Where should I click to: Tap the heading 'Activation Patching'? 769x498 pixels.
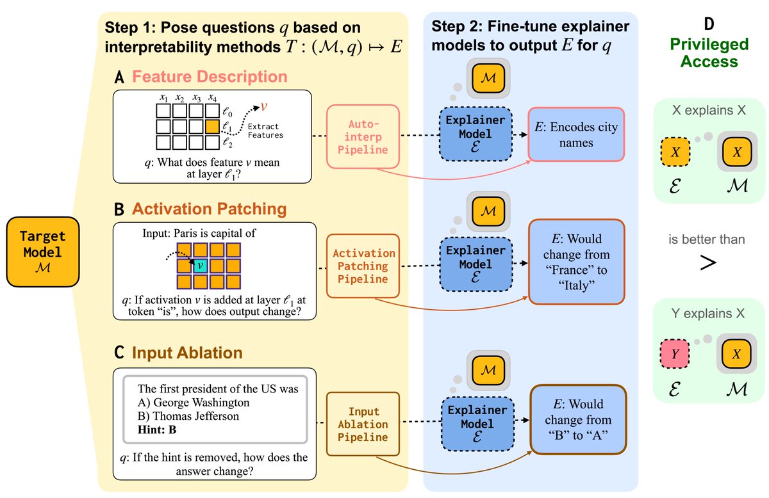pos(209,209)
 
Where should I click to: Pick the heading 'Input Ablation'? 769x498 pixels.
pos(187,353)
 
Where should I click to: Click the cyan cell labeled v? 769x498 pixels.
pos(200,264)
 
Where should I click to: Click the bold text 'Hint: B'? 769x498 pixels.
pos(158,430)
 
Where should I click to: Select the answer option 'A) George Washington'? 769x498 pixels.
pos(194,403)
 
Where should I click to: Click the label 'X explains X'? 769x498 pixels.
pos(708,110)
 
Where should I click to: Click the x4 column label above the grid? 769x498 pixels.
pos(213,99)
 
